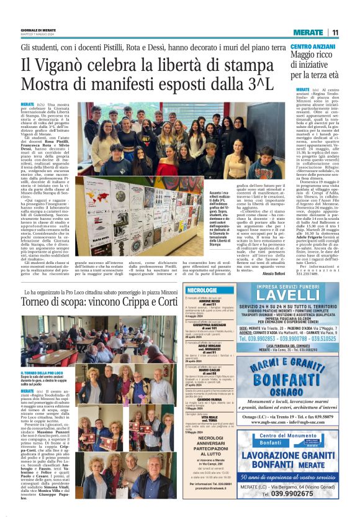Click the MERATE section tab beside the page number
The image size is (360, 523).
(x=307, y=32)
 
